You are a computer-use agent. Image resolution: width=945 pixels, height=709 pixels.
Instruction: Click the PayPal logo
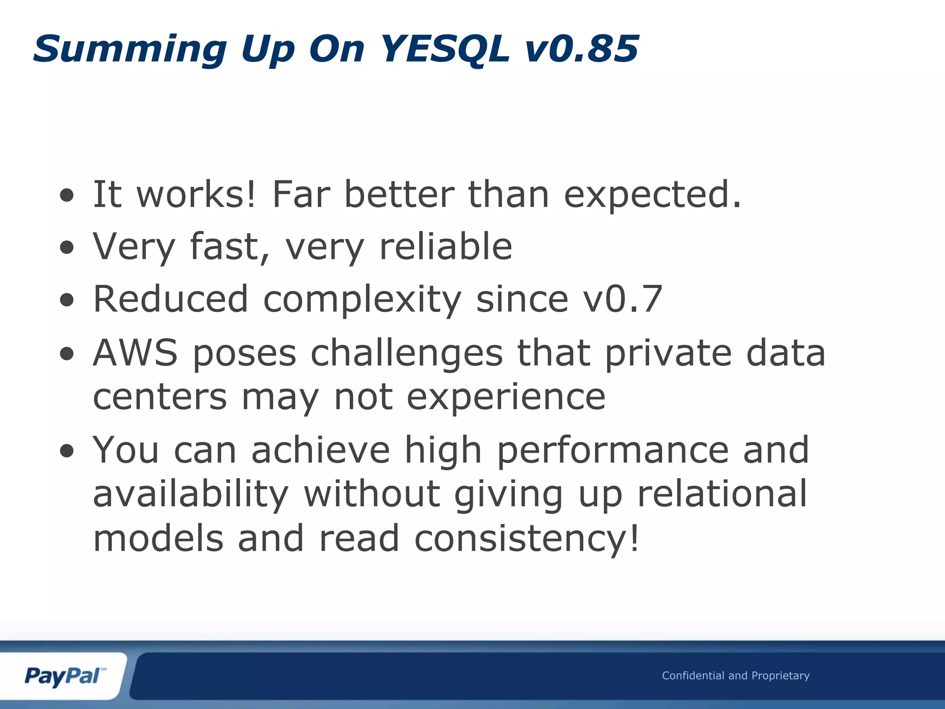click(64, 677)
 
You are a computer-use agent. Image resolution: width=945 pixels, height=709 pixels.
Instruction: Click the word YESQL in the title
click(445, 49)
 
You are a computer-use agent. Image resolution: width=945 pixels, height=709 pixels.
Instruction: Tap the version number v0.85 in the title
click(581, 49)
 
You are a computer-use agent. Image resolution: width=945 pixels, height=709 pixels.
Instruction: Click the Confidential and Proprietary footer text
click(736, 676)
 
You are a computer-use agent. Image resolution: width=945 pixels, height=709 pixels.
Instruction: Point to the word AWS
click(135, 353)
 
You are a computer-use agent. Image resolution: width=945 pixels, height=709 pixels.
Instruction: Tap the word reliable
click(445, 246)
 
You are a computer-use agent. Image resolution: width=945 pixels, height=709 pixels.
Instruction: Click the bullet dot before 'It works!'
click(67, 195)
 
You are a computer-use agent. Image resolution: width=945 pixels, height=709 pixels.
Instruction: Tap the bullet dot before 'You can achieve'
click(67, 451)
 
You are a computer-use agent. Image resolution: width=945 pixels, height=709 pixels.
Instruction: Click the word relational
click(722, 494)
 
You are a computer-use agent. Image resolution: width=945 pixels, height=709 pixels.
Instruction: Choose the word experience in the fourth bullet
click(506, 397)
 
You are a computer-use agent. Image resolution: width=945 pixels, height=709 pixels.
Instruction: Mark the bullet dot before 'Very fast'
click(67, 247)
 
